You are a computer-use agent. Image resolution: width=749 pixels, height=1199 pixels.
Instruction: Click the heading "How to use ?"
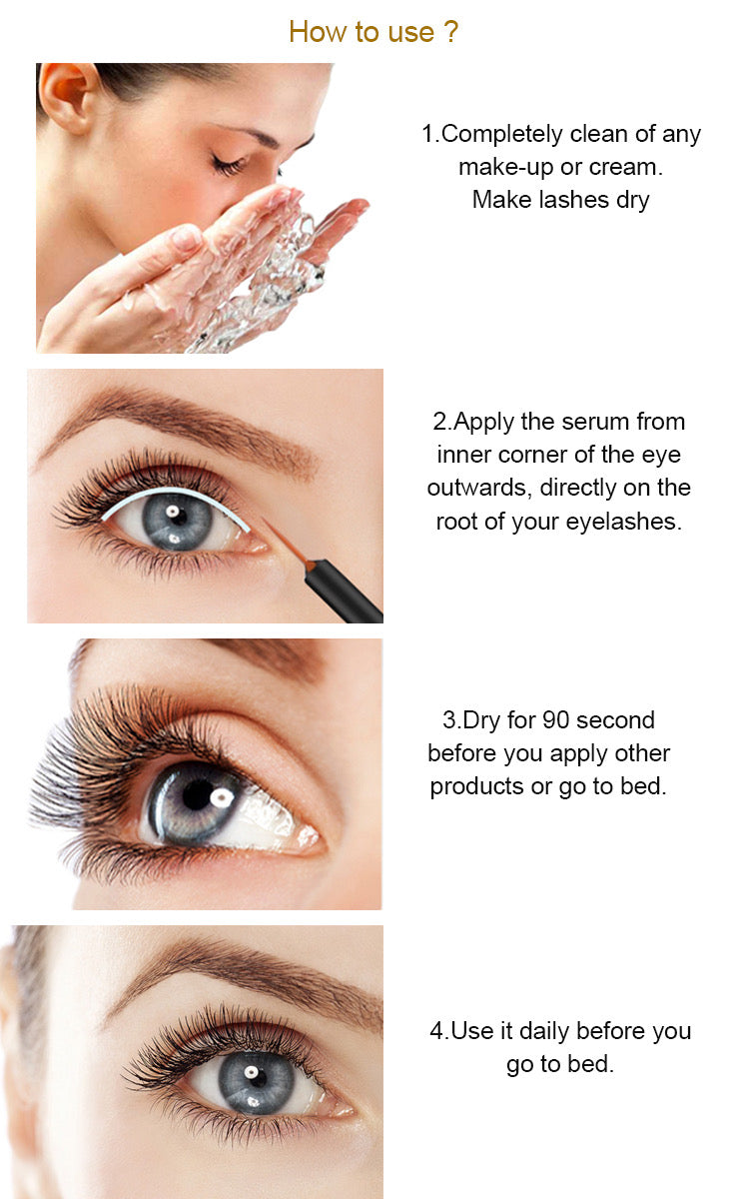click(374, 32)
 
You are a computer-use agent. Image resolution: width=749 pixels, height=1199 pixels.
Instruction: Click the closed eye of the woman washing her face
click(229, 165)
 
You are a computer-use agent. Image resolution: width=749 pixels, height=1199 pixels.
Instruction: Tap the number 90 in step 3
click(555, 720)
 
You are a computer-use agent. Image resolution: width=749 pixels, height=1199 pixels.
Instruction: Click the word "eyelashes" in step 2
click(624, 522)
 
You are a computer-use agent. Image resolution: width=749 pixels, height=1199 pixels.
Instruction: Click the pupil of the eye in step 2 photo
click(178, 518)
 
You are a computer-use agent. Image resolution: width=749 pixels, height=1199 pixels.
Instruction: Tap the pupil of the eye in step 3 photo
click(198, 795)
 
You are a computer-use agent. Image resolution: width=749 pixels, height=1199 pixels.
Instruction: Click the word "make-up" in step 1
click(505, 168)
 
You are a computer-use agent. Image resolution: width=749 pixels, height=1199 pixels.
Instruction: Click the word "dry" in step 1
click(633, 201)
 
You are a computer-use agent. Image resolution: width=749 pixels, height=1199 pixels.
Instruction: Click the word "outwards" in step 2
click(479, 489)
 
